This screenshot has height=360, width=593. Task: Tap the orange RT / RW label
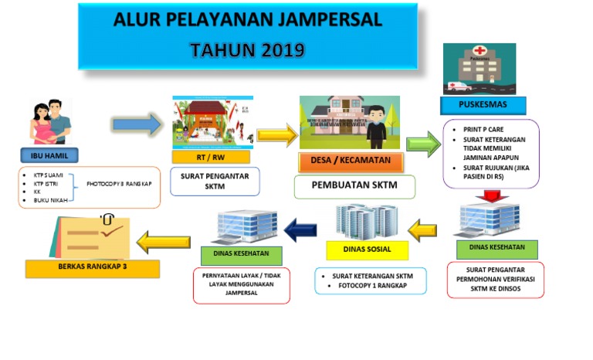pyautogui.click(x=212, y=158)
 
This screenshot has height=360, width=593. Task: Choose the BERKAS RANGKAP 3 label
pyautogui.click(x=92, y=269)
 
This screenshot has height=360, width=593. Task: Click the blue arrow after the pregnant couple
pyautogui.click(x=137, y=124)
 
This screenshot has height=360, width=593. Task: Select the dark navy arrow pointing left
pyautogui.click(x=300, y=229)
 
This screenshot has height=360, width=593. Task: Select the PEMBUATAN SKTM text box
pyautogui.click(x=354, y=186)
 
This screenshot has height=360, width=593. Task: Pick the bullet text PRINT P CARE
pyautogui.click(x=486, y=130)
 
